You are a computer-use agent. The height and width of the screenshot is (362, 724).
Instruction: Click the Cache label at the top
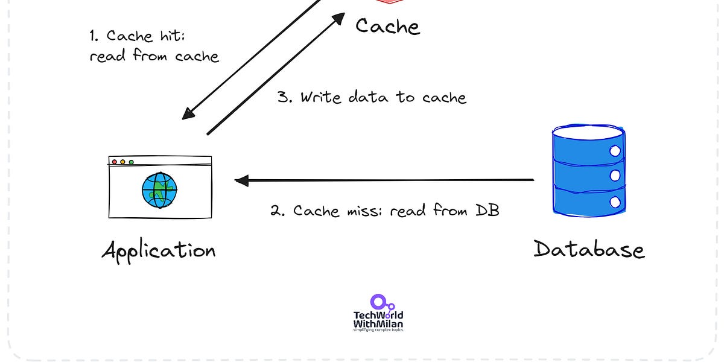tap(387, 26)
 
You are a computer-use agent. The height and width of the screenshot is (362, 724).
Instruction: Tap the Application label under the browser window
tap(159, 250)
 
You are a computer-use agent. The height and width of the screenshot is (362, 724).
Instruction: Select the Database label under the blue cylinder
tap(589, 249)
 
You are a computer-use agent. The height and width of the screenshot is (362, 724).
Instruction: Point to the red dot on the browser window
tap(114, 162)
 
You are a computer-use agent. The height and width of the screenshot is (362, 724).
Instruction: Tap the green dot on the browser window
tap(131, 162)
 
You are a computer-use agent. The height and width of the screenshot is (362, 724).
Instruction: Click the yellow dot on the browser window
tap(122, 162)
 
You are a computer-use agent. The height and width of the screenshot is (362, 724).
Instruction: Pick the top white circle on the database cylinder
tap(615, 151)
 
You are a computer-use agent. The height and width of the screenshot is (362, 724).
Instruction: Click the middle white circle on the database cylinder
tap(615, 176)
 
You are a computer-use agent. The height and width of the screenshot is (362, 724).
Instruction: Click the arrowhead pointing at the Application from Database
tap(241, 180)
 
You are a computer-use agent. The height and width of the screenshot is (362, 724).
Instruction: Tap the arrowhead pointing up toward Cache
tap(338, 20)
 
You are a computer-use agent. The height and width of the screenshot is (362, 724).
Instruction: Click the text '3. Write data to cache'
tap(372, 97)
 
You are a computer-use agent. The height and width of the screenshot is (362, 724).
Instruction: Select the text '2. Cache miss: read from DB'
tap(384, 211)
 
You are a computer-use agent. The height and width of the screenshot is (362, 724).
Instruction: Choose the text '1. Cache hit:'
tap(137, 36)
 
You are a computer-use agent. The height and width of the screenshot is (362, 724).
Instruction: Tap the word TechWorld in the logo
tap(378, 315)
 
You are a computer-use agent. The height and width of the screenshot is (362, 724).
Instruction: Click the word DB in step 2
tap(487, 211)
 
